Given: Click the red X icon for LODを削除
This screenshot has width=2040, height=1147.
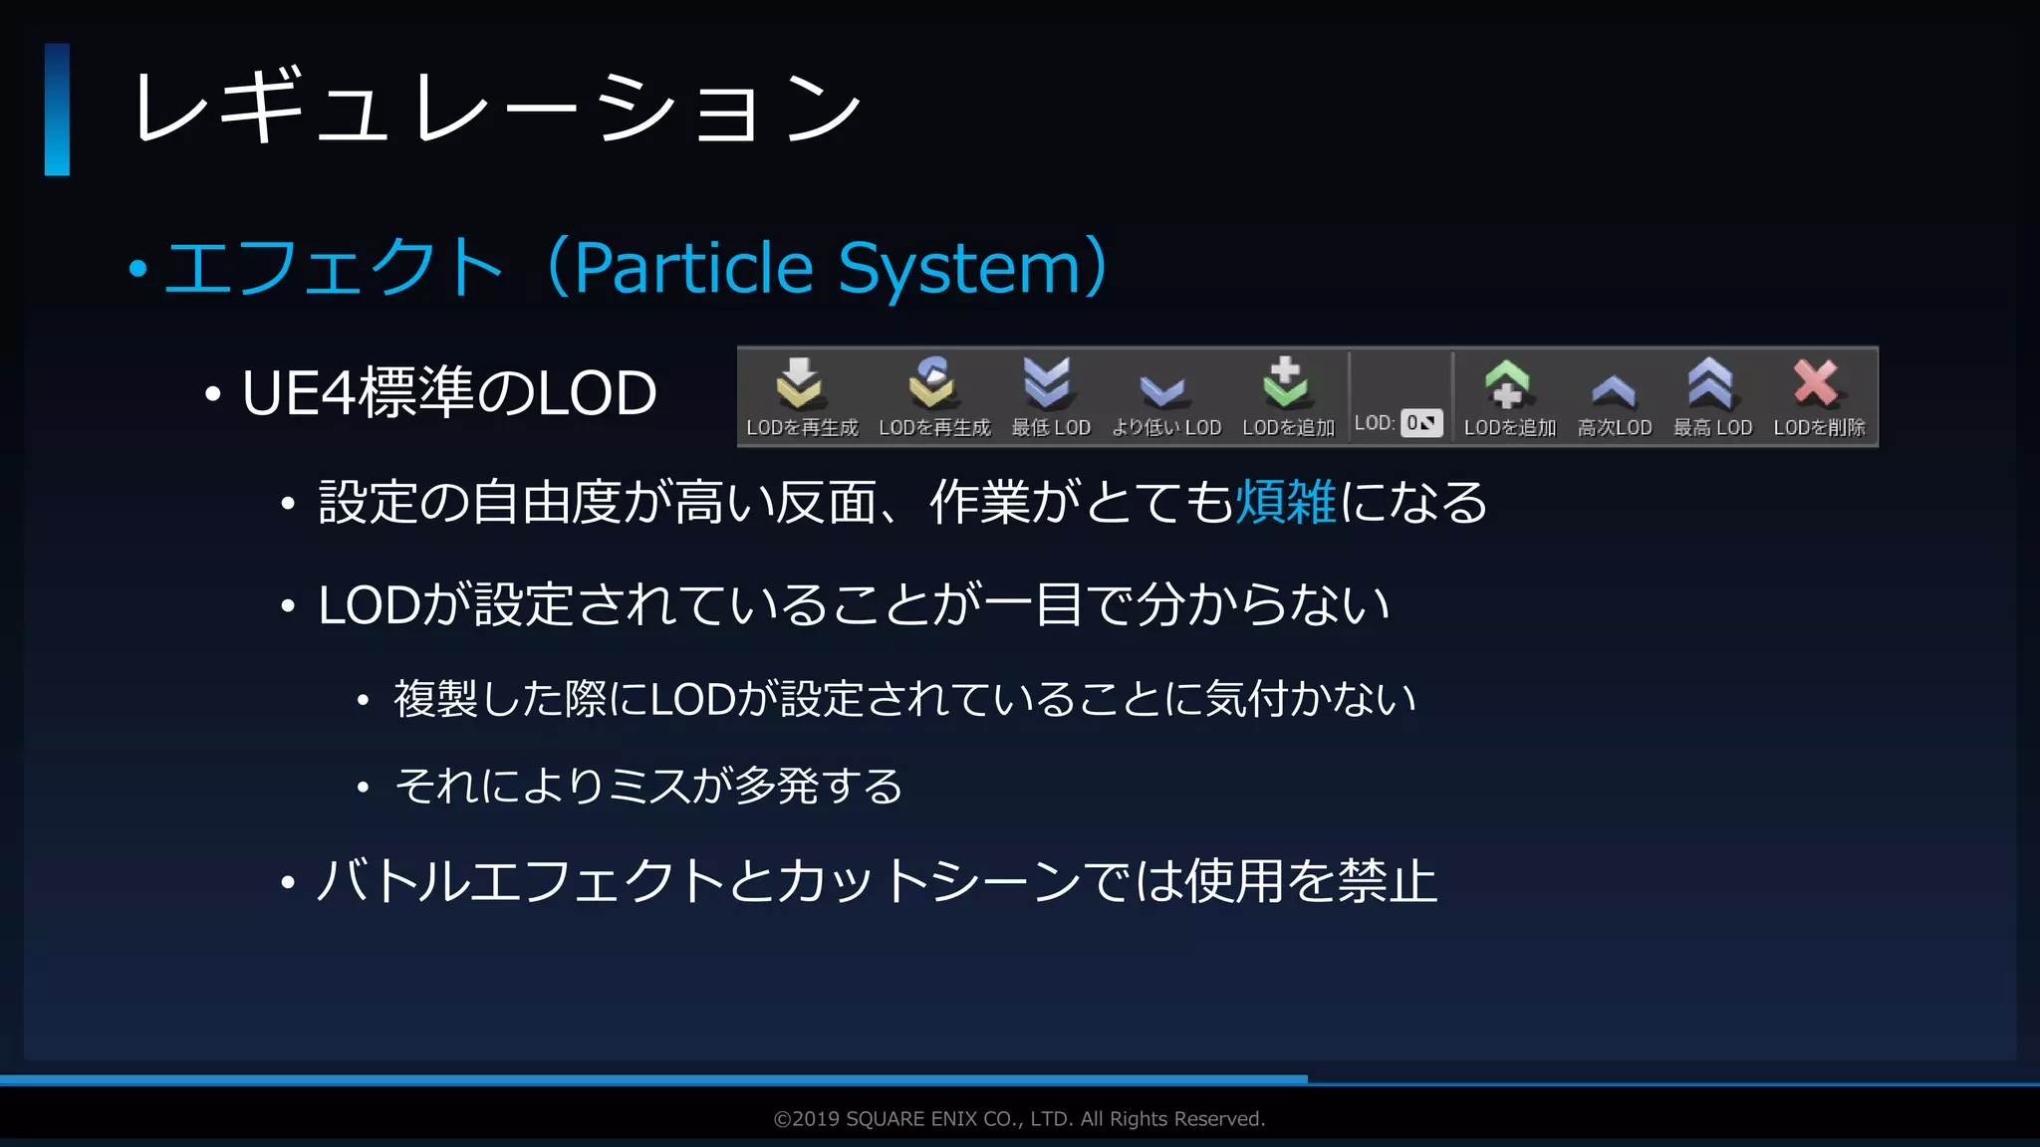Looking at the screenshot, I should tap(1816, 382).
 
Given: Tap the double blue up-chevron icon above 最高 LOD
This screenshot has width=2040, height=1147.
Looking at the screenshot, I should tap(1710, 383).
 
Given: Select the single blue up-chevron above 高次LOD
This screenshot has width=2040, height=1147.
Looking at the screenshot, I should tap(1614, 389).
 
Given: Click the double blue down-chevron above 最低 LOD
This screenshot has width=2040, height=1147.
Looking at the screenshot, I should tap(1047, 383).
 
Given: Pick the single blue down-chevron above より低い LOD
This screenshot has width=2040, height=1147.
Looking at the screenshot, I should tap(1162, 390).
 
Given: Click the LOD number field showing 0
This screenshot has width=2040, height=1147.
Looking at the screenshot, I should tap(1421, 423).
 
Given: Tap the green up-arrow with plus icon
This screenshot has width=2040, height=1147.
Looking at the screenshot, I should tap(1507, 383).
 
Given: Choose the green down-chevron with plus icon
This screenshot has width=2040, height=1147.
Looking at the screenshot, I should tap(1286, 383).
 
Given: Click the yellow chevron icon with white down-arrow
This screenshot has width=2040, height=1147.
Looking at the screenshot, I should tap(799, 383).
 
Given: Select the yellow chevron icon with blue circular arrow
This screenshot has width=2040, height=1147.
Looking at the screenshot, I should tap(932, 383).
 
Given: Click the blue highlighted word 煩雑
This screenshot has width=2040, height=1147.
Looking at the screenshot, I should tap(1286, 502).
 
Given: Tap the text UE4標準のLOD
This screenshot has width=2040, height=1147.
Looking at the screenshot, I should tap(449, 392).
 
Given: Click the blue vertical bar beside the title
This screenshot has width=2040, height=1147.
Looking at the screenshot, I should tap(57, 110).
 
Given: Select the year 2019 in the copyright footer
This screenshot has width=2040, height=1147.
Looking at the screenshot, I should tap(816, 1119).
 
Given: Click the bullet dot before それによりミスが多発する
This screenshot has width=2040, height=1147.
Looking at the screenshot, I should tap(364, 788).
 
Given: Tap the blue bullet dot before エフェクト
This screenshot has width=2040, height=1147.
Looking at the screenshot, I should tap(138, 268).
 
